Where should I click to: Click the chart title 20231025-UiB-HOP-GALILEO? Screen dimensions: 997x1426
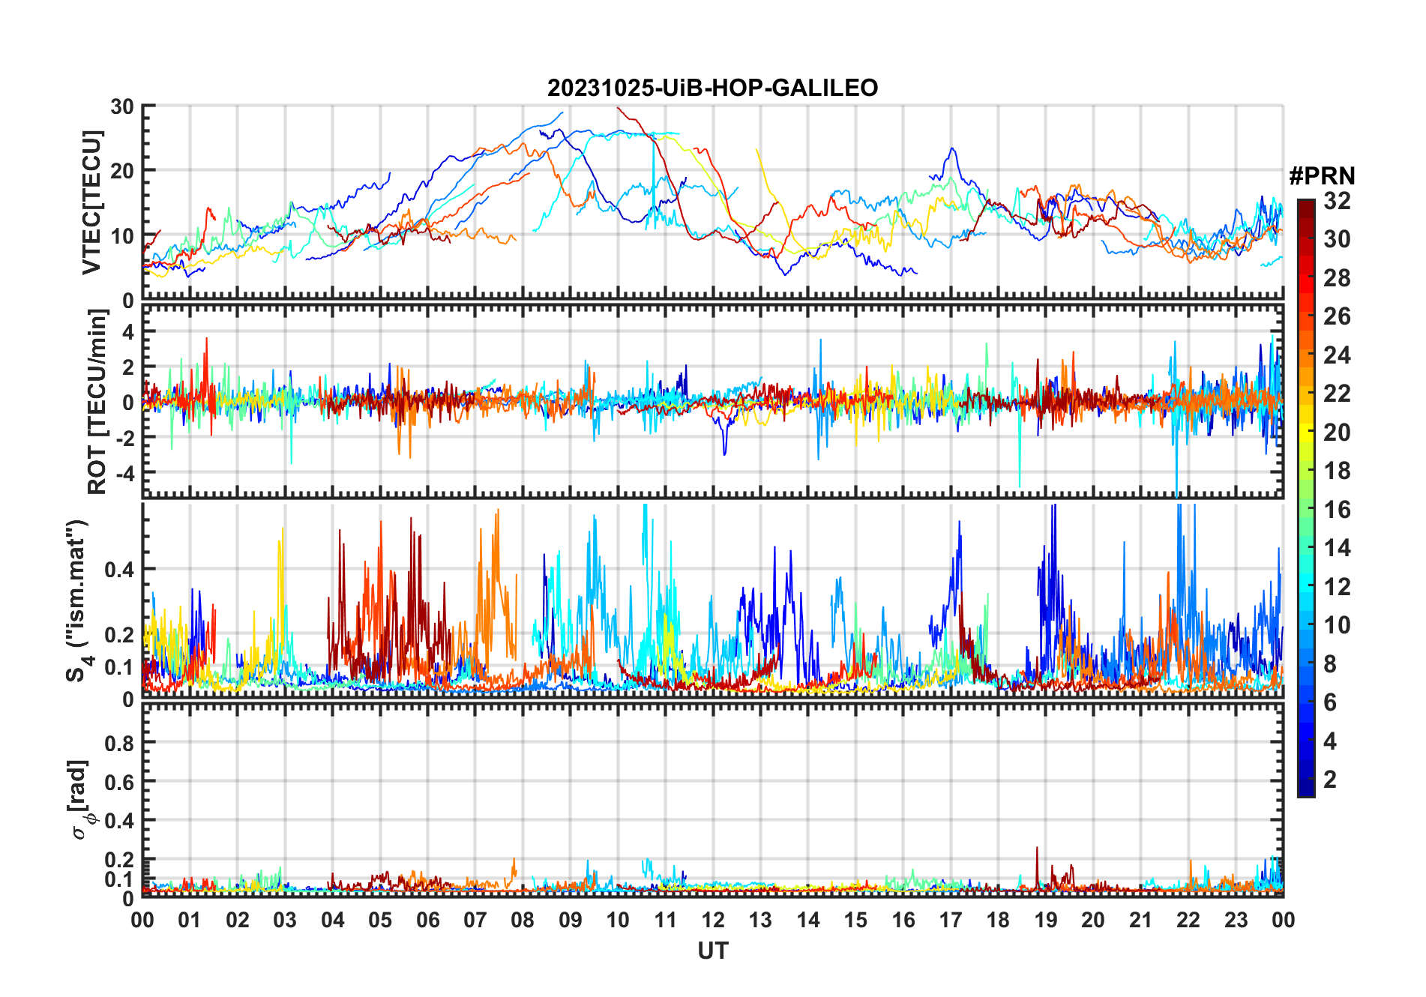pyautogui.click(x=712, y=88)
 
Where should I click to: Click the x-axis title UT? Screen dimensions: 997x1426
pyautogui.click(x=712, y=951)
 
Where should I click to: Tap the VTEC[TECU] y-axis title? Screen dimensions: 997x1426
pyautogui.click(x=91, y=202)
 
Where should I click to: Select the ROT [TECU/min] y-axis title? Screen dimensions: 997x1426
pyautogui.click(x=97, y=402)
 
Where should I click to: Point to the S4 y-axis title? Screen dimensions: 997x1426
pyautogui.click(x=76, y=600)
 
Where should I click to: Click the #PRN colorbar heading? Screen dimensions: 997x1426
pyautogui.click(x=1322, y=176)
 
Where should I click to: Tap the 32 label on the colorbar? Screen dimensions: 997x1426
pyautogui.click(x=1337, y=201)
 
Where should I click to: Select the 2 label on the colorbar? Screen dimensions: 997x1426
pyautogui.click(x=1330, y=780)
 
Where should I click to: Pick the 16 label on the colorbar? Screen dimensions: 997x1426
pyautogui.click(x=1337, y=510)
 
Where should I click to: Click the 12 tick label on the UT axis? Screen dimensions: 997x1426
pyautogui.click(x=712, y=921)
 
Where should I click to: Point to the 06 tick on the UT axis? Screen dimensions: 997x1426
pyautogui.click(x=427, y=921)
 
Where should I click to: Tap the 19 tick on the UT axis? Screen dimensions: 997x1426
pyautogui.click(x=1045, y=921)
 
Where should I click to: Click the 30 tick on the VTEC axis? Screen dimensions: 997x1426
pyautogui.click(x=122, y=106)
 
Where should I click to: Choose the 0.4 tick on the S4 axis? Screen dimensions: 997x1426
pyautogui.click(x=118, y=570)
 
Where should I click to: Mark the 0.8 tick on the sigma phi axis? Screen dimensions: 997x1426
pyautogui.click(x=118, y=744)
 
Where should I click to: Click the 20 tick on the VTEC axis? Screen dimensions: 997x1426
pyautogui.click(x=122, y=171)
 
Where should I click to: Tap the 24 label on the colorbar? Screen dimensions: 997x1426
pyautogui.click(x=1337, y=355)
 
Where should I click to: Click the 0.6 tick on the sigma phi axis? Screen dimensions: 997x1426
pyautogui.click(x=118, y=782)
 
